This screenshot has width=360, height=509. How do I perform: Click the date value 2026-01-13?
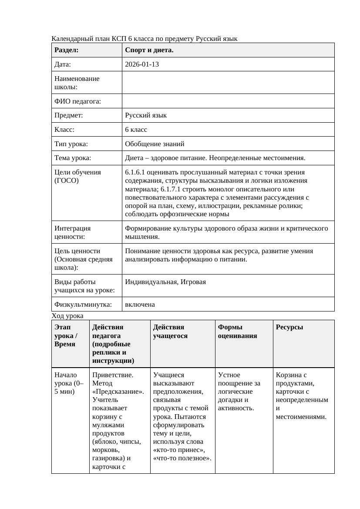coord(141,64)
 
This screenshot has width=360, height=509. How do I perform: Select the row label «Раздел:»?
coord(67,50)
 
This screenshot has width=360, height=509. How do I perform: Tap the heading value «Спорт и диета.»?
coord(149,50)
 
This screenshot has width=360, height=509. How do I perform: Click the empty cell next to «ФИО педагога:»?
coord(228,101)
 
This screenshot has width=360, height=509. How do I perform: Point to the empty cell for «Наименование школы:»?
coord(228,83)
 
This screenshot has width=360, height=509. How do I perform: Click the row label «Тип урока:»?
coord(71,144)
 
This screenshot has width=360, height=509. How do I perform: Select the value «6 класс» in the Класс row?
coord(136,130)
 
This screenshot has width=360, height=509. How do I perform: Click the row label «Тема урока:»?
coord(73,158)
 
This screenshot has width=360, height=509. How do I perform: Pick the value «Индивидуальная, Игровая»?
coord(165,282)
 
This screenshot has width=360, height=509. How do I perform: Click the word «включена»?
coord(140,305)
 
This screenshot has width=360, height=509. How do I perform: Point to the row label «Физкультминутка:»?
coord(83,305)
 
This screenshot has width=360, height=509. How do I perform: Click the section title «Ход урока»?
coord(67,315)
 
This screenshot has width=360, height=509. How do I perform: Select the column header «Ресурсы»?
coord(289,327)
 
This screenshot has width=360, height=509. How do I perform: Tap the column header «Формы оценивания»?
coord(237,332)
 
